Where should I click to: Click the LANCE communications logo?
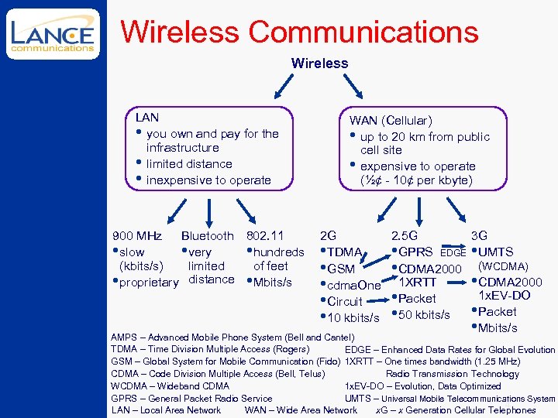(x=53, y=35)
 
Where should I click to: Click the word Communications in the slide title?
(x=363, y=32)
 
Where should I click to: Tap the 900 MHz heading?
(x=137, y=235)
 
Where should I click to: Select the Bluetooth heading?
(x=207, y=235)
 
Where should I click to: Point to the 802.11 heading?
(x=264, y=235)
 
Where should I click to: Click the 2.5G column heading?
(x=405, y=235)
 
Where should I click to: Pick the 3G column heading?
(x=480, y=235)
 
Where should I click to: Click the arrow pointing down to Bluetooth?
(x=208, y=208)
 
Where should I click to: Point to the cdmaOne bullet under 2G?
(x=354, y=286)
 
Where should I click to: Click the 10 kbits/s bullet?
(x=353, y=318)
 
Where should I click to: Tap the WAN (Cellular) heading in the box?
(x=391, y=120)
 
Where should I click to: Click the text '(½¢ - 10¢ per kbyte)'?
(x=415, y=180)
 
